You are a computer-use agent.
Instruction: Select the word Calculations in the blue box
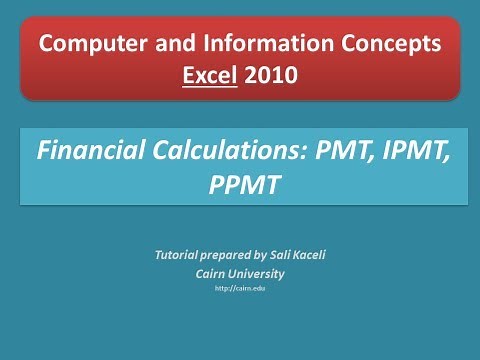[207, 152]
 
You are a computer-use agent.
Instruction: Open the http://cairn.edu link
[240, 289]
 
